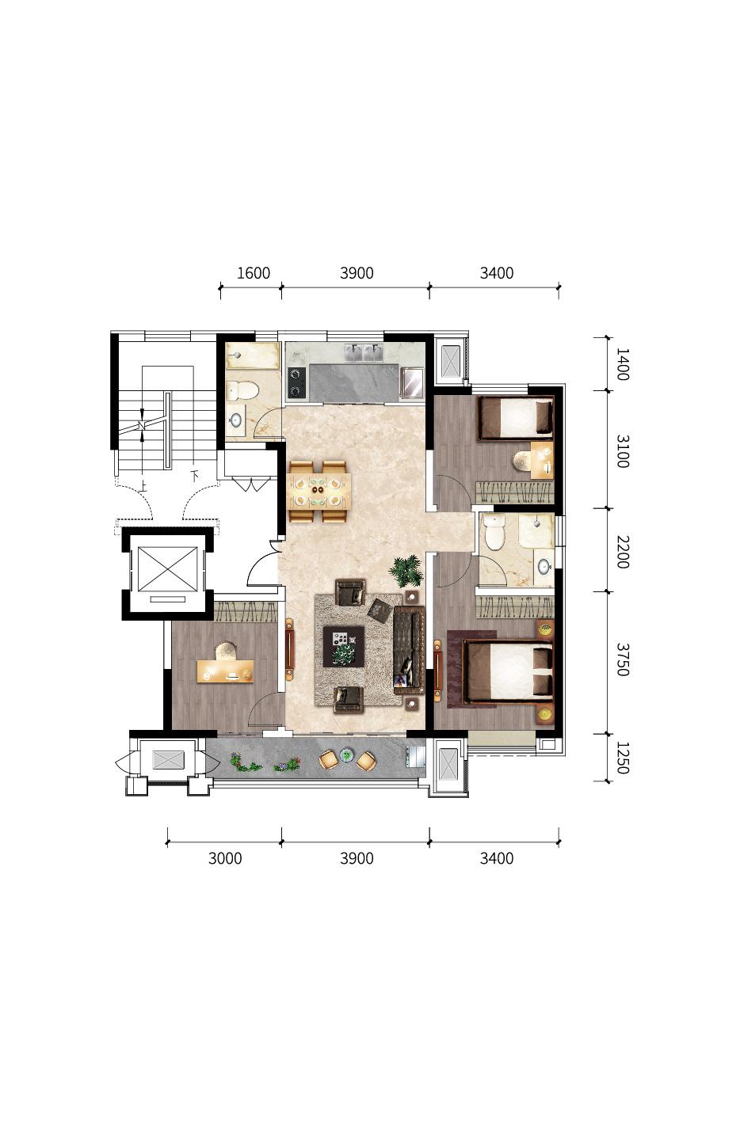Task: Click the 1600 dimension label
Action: (x=253, y=273)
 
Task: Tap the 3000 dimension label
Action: (x=225, y=858)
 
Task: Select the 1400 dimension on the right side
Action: (x=623, y=364)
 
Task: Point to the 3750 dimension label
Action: (x=623, y=659)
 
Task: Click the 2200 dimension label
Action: (x=623, y=553)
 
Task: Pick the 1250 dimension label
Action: (x=623, y=758)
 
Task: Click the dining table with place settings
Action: (x=319, y=491)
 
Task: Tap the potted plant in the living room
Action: (x=406, y=571)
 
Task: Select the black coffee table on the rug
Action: (x=344, y=646)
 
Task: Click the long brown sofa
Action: (x=409, y=650)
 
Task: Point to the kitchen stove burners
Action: (x=296, y=382)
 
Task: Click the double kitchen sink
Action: (x=364, y=352)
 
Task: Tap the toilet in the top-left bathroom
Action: (x=243, y=391)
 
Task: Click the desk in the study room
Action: (x=225, y=671)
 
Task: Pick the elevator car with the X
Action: (x=167, y=569)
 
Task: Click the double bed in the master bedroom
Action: (x=508, y=673)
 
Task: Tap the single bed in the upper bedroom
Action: (x=516, y=417)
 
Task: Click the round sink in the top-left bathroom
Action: (x=235, y=420)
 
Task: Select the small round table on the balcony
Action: (x=347, y=754)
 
